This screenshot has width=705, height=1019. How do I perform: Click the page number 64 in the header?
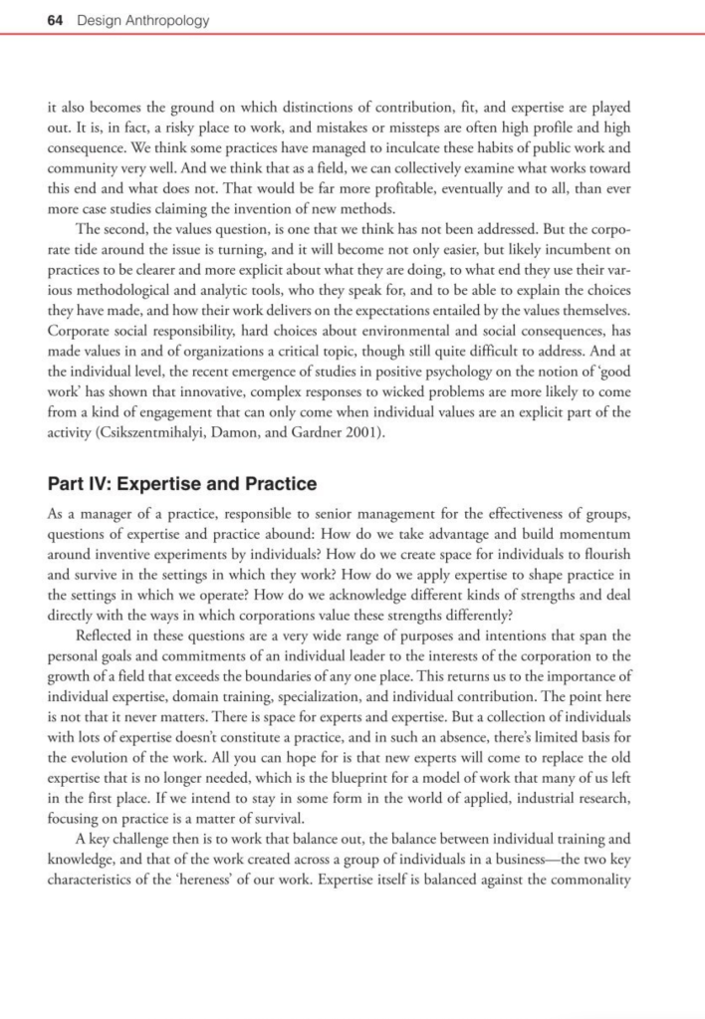56,20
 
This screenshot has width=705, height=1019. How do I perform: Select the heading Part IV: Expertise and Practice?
181,484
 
